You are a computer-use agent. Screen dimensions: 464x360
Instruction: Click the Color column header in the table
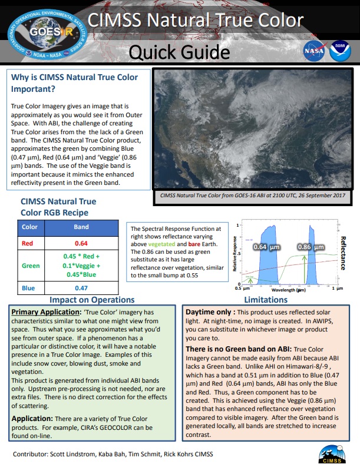pyautogui.click(x=29, y=227)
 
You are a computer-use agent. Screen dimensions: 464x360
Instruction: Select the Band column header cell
pyautogui.click(x=81, y=227)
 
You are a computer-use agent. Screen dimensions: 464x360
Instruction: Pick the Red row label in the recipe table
pyautogui.click(x=27, y=243)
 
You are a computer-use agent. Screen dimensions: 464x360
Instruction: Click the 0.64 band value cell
pyautogui.click(x=81, y=243)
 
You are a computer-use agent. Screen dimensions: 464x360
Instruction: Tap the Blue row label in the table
pyautogui.click(x=28, y=288)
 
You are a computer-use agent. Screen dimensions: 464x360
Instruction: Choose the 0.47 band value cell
pyautogui.click(x=81, y=288)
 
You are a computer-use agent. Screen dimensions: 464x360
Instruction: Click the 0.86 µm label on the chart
pyautogui.click(x=310, y=247)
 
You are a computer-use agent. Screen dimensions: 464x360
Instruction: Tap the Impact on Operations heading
pyautogui.click(x=92, y=300)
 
